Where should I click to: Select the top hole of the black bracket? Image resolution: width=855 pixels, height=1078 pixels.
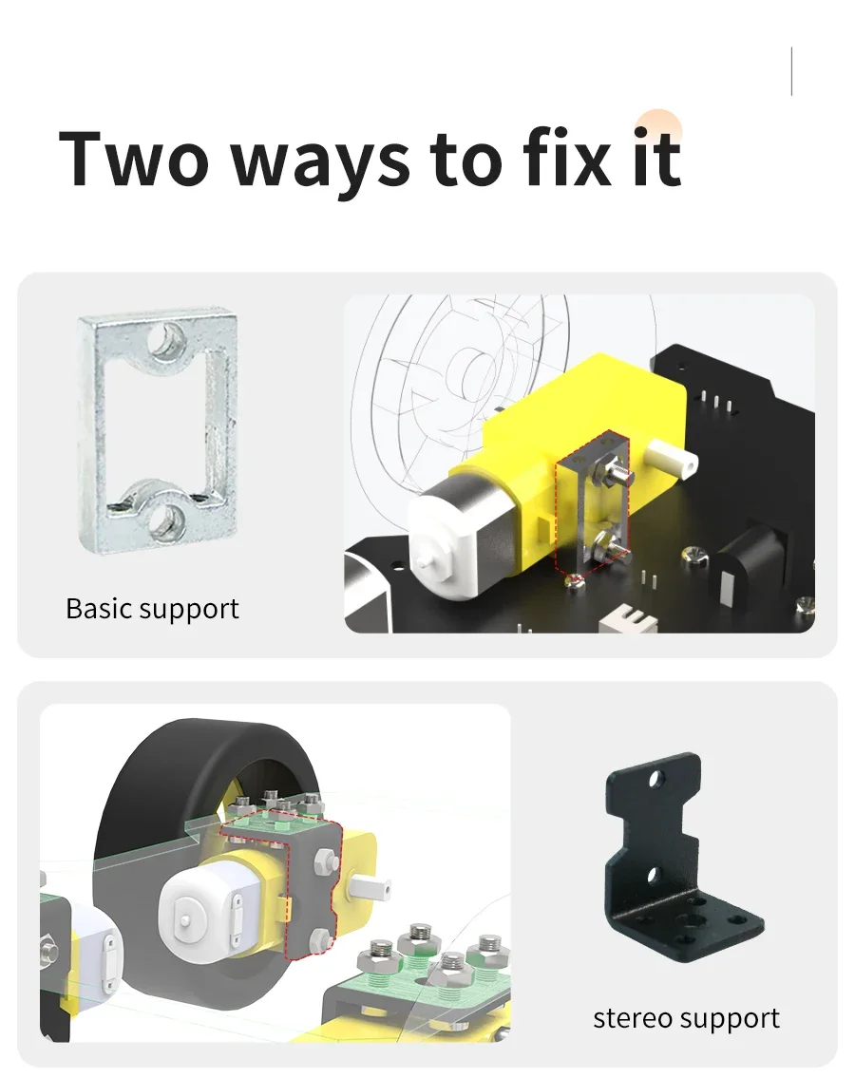pyautogui.click(x=656, y=778)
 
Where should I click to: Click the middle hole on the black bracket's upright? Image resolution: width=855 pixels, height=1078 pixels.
pyautogui.click(x=655, y=876)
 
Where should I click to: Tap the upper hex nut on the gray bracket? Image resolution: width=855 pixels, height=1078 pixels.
pyautogui.click(x=323, y=861)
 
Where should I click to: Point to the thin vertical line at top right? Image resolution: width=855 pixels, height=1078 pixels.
pyautogui.click(x=791, y=71)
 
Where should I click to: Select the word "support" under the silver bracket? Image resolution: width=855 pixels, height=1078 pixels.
pyautogui.click(x=188, y=611)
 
